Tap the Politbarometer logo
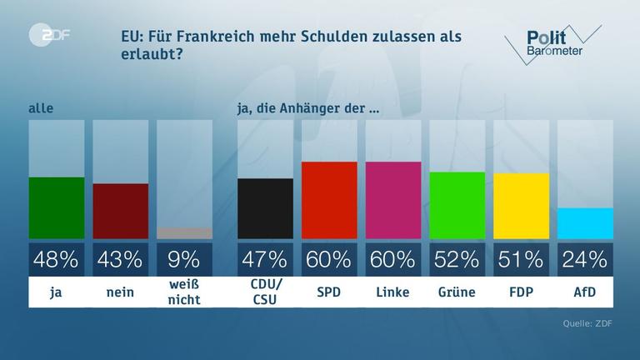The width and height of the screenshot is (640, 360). (552, 42)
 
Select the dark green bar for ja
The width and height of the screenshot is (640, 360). (57, 208)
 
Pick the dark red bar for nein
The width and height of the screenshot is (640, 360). (120, 212)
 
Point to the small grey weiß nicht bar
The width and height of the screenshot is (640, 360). (184, 233)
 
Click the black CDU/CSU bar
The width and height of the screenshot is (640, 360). (265, 208)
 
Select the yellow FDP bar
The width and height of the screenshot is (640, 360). (522, 206)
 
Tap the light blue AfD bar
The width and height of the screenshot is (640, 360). (585, 223)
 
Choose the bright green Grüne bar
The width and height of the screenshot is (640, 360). (457, 205)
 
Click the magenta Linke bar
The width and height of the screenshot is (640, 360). (393, 200)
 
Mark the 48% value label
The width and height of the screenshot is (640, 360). (57, 259)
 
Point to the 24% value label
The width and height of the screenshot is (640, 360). (585, 259)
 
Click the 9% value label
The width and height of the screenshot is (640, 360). (184, 259)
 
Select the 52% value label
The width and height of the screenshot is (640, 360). (457, 259)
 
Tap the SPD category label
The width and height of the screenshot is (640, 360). (329, 292)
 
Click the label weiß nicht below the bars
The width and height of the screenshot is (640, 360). (184, 292)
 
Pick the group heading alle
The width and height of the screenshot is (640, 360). (40, 108)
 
